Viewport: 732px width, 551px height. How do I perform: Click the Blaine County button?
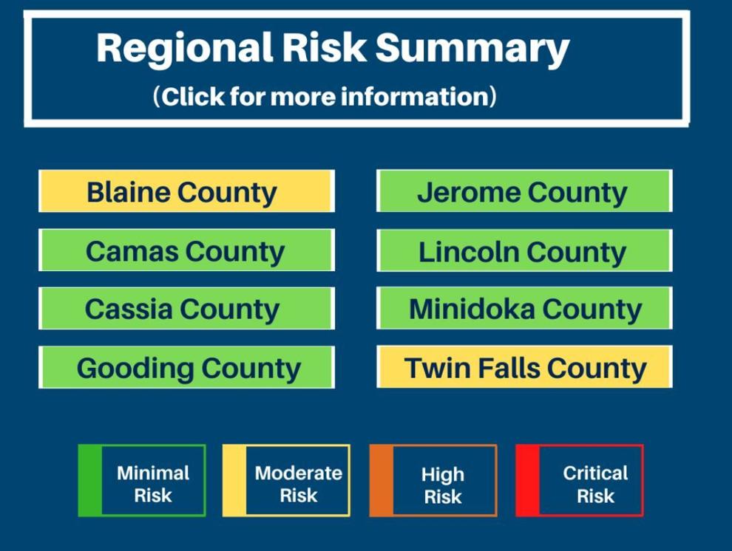point(187,191)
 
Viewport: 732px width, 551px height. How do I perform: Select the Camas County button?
point(187,250)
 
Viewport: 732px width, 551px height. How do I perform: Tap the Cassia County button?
point(187,308)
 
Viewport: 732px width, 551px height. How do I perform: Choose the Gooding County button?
point(187,367)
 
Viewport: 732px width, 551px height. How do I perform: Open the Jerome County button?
point(524,191)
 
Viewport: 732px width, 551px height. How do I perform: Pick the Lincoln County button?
point(524,250)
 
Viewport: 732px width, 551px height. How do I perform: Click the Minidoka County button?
point(524,308)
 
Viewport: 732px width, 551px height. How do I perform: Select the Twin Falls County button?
point(524,367)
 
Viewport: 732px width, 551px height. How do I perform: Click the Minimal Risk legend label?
point(153,484)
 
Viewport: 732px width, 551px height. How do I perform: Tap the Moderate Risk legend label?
point(299,484)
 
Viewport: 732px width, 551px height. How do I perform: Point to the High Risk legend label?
point(443,485)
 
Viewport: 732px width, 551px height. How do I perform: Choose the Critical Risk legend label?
point(595,484)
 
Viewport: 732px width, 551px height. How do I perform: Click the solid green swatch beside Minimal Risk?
point(89,481)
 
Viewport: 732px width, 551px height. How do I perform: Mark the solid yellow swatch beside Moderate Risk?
point(234,481)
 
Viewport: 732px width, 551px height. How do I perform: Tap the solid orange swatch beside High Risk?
point(382,481)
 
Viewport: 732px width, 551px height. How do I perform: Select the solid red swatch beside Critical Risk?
point(527,481)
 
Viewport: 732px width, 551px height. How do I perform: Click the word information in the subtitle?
point(414,96)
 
